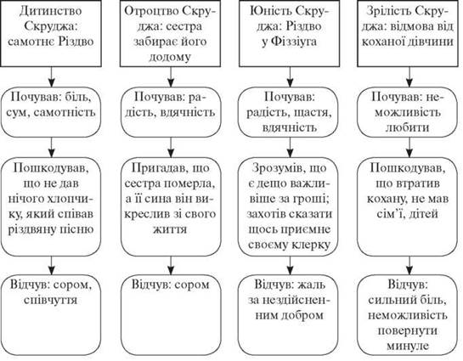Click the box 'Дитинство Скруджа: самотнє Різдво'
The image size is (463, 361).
pos(51,33)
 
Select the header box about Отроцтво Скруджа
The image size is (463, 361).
pos(170,33)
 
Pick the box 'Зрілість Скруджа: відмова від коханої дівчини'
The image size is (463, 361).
pos(408,33)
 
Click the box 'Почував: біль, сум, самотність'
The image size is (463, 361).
pos(51,112)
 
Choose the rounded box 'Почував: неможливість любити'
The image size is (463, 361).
pos(408,112)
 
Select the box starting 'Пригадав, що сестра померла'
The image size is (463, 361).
pos(171,206)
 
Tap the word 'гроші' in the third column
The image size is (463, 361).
pos(313,200)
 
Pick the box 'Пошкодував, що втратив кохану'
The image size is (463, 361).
pos(408,206)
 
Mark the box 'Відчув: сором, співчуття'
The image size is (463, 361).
pos(51,315)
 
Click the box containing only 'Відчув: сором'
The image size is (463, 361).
pos(171,315)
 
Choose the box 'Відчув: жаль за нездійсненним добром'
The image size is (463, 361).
pos(288,315)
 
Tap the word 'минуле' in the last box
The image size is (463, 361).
pos(408,346)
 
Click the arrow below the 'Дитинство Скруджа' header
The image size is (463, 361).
pos(51,76)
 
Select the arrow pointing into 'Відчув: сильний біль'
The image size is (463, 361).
pos(409,265)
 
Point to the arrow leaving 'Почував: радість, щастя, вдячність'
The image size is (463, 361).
pos(290,148)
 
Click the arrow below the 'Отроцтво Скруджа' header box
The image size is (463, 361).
pos(171,76)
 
